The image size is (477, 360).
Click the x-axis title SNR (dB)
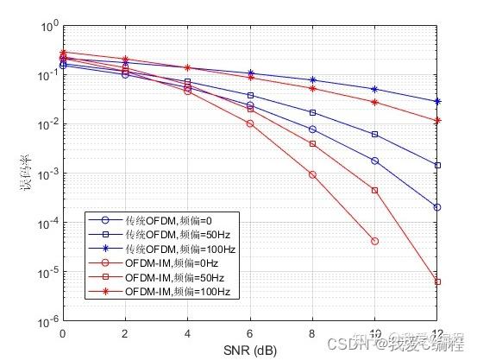250,349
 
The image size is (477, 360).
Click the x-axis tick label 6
250,333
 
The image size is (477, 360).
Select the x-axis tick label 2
125,333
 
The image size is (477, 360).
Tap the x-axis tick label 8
312,333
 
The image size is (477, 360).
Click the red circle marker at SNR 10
375,241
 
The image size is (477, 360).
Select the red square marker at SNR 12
437,281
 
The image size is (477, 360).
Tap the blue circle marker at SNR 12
437,207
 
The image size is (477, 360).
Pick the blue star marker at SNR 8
312,80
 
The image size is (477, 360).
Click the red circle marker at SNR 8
312,174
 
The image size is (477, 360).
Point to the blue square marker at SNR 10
375,135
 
